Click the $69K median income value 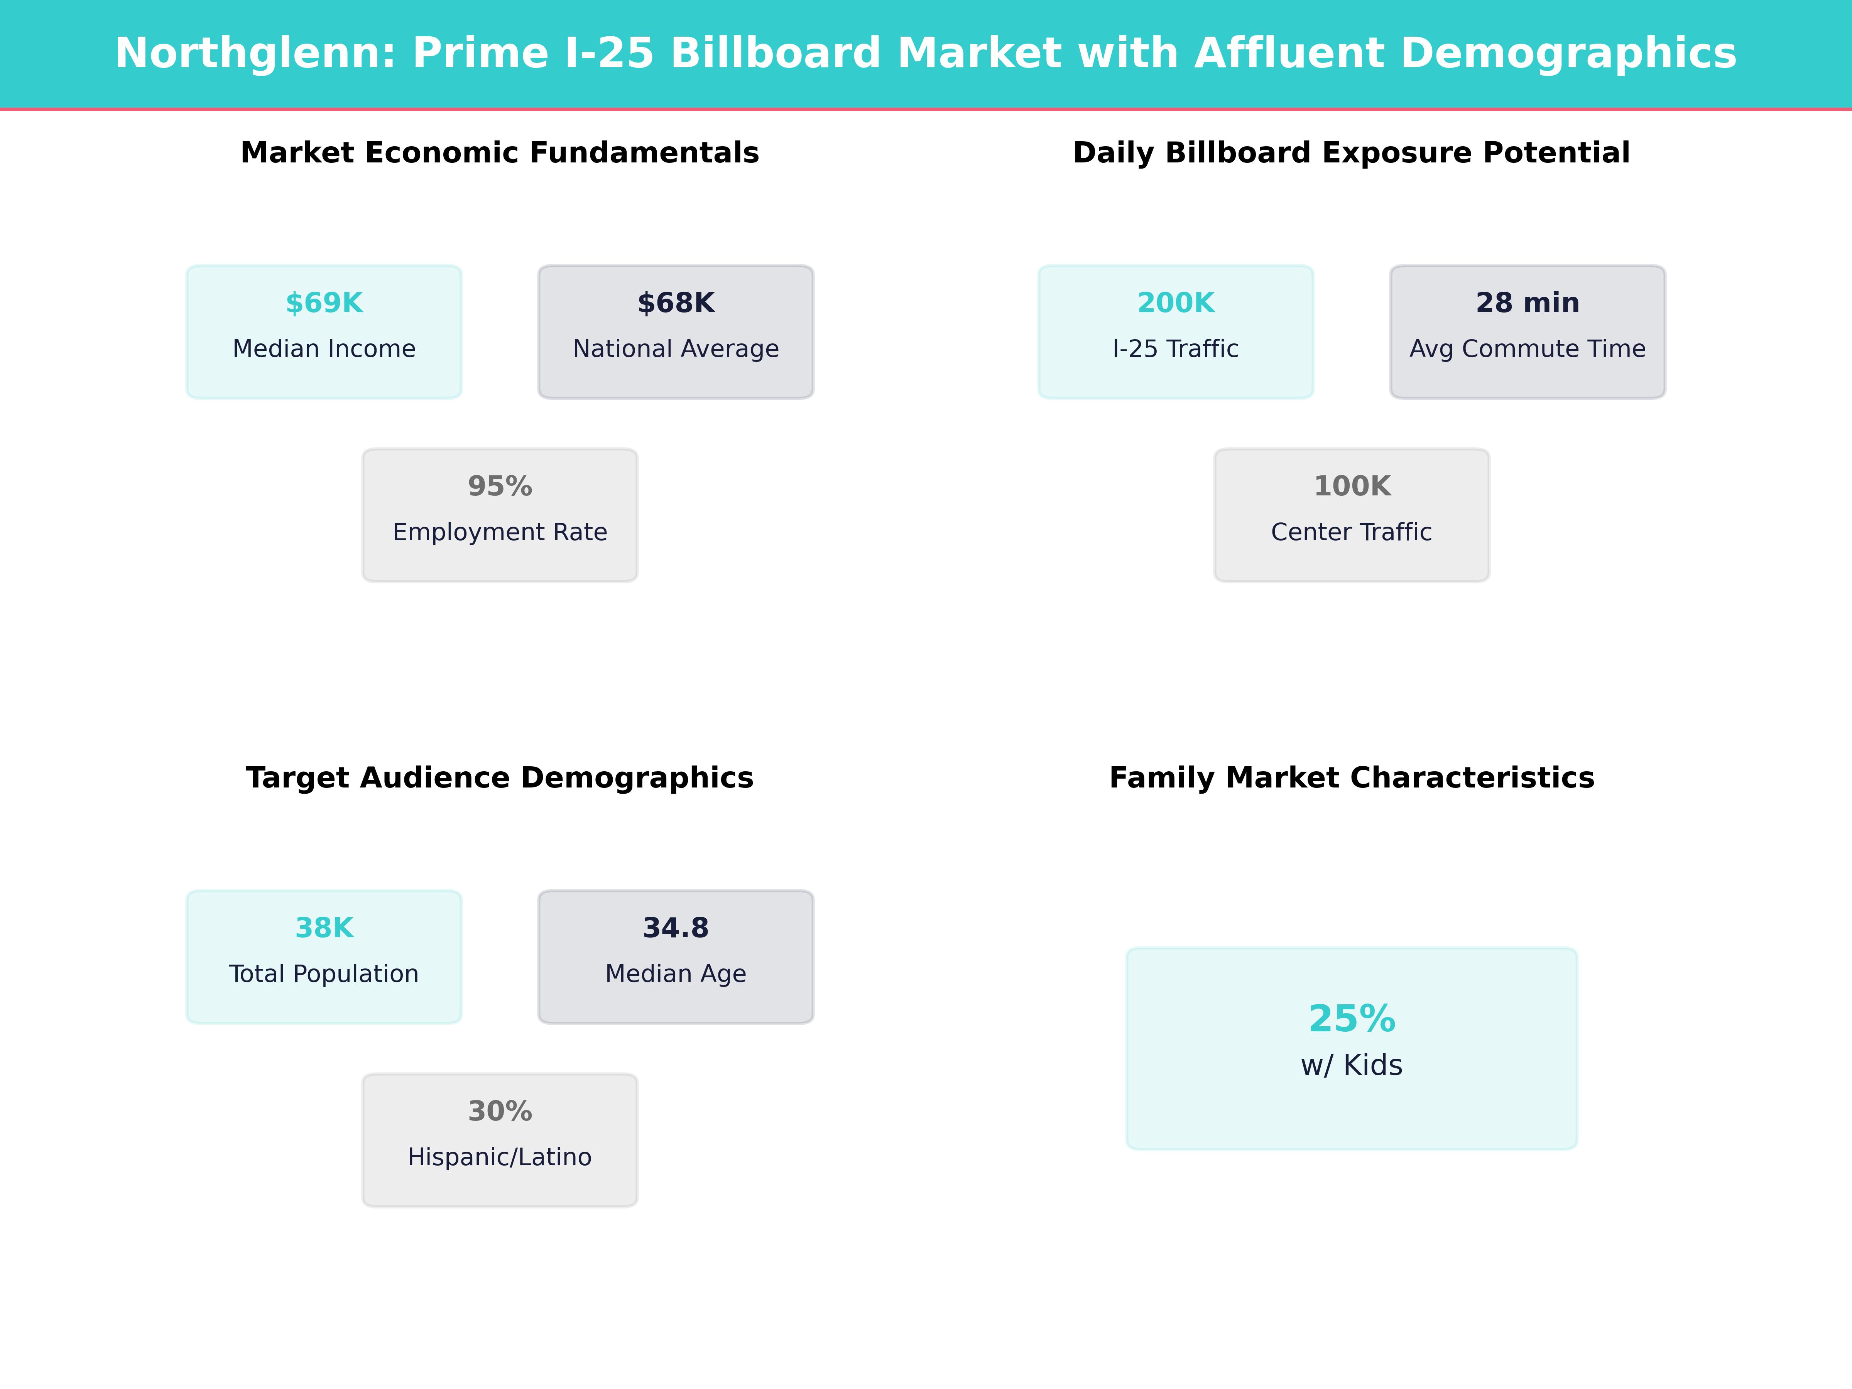(x=324, y=303)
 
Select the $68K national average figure (x=676, y=303)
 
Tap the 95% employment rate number (x=500, y=487)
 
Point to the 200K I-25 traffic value (x=1176, y=303)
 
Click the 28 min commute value (x=1527, y=303)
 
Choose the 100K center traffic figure (x=1351, y=487)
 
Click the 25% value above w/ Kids (x=1351, y=1019)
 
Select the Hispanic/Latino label (x=500, y=1157)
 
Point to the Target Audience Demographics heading (x=500, y=778)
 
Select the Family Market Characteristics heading (x=1351, y=778)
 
